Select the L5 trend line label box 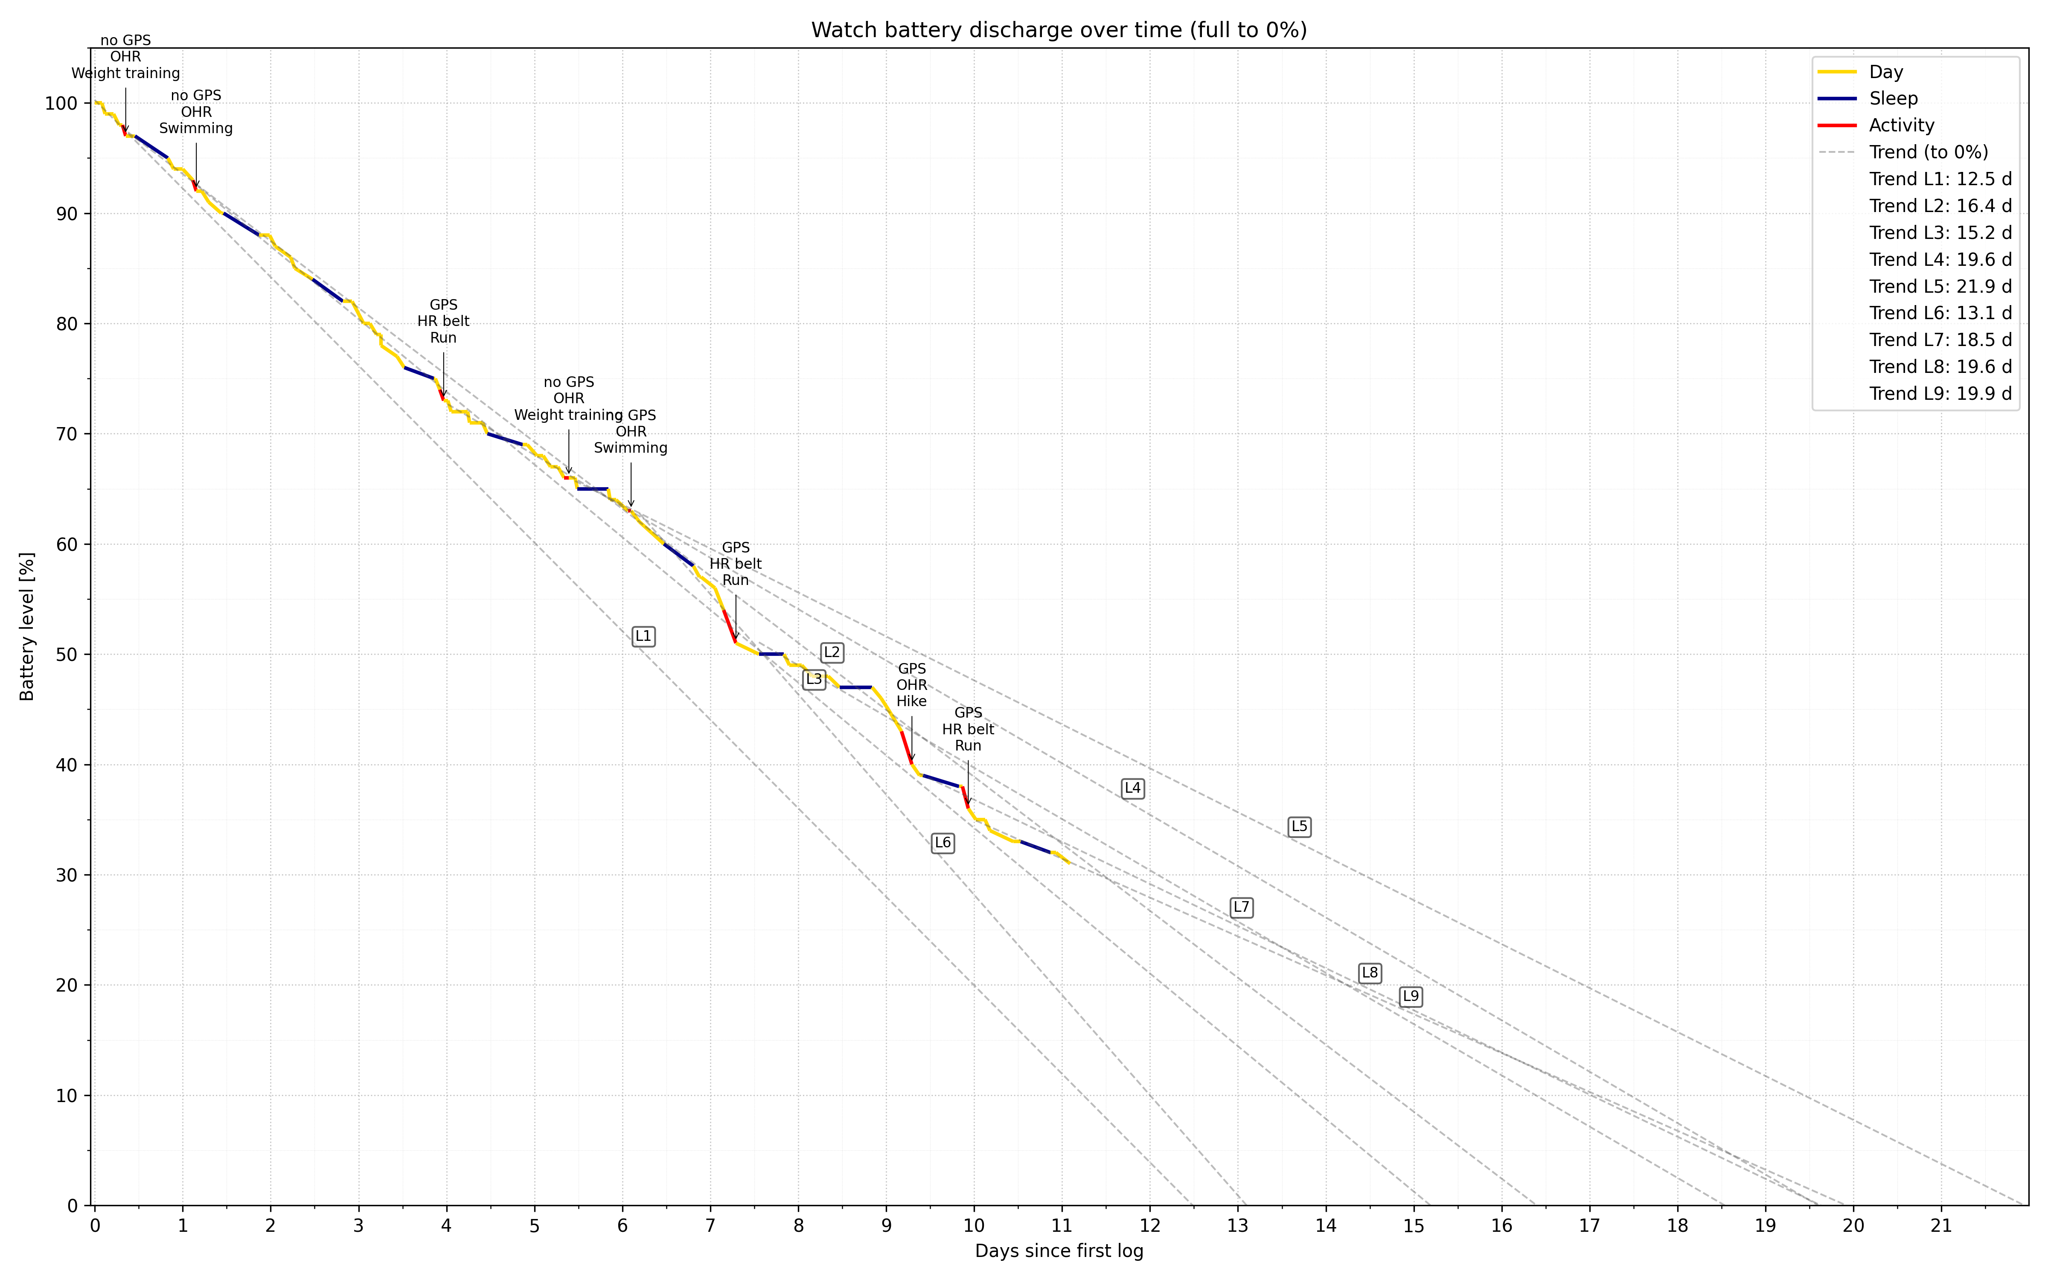coord(1299,826)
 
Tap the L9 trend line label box coord(1410,996)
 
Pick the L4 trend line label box coord(1132,788)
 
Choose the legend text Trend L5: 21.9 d coord(1940,286)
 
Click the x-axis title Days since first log coord(1059,1251)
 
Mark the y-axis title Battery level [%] coord(27,626)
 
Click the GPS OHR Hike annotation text coord(911,685)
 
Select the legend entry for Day coord(1885,72)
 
